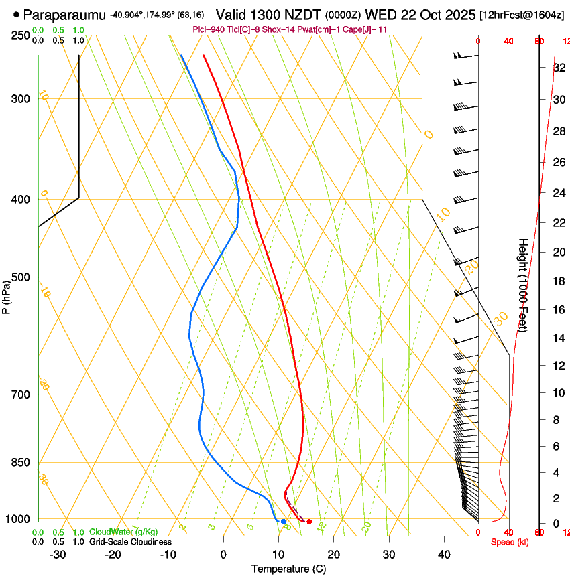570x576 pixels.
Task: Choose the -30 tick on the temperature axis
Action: (x=58, y=554)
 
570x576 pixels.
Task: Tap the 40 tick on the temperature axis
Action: (x=444, y=554)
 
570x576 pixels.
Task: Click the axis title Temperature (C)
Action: (x=288, y=569)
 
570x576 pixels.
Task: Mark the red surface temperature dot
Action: (x=309, y=522)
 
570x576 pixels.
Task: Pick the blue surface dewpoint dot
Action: (x=284, y=522)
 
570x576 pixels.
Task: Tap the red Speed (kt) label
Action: (x=510, y=542)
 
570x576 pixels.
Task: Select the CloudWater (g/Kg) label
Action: (x=123, y=532)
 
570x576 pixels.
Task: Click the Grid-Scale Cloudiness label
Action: (x=130, y=542)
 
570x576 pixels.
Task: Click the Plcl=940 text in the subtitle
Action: (x=207, y=30)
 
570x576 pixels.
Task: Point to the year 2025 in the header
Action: (x=459, y=14)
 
